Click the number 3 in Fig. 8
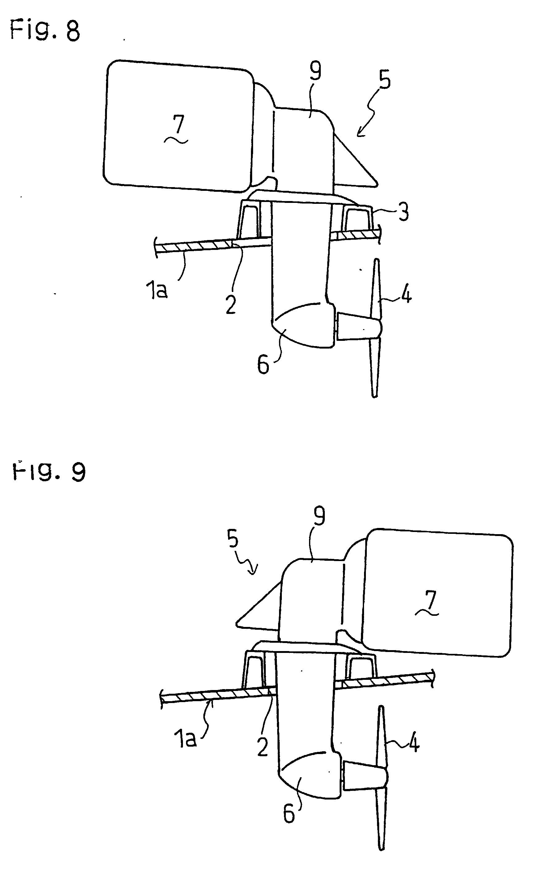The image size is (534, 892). [404, 212]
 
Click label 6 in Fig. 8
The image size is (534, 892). [263, 364]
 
